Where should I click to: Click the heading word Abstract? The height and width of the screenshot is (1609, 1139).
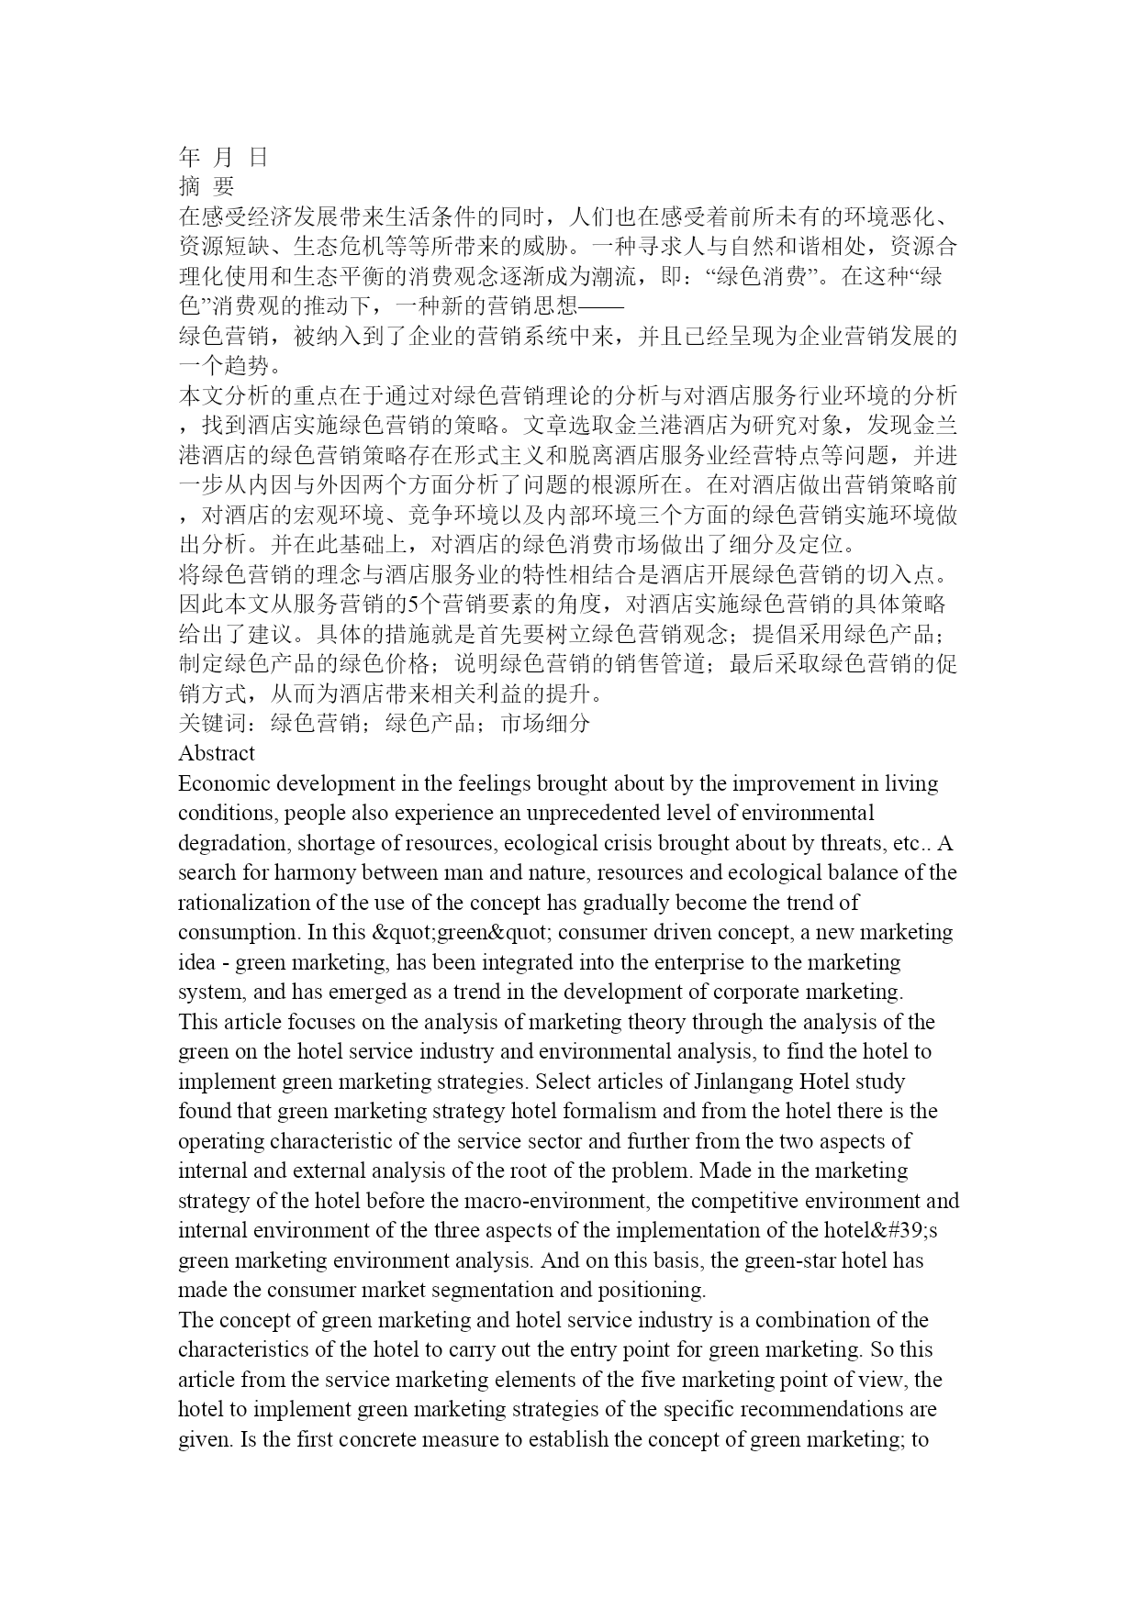click(x=216, y=754)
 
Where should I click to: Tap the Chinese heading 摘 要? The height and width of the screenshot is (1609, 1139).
click(x=207, y=186)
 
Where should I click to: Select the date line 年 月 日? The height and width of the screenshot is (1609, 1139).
click(x=222, y=157)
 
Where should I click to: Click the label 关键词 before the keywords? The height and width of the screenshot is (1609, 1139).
click(x=213, y=724)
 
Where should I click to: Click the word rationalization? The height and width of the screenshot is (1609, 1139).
click(x=239, y=904)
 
